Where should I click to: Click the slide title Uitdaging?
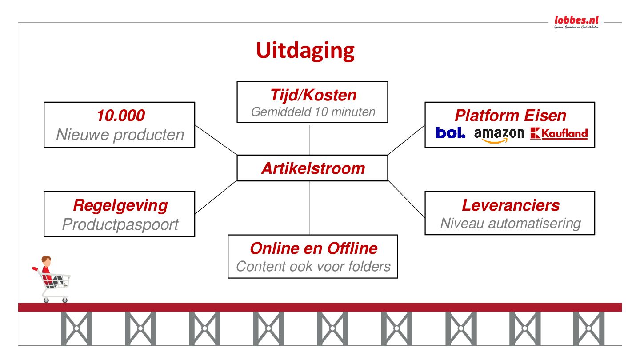coord(305,51)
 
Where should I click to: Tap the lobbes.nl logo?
coord(576,20)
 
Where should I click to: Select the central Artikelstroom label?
coord(313,168)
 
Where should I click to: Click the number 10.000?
coord(120,116)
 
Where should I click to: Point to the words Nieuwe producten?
coord(120,135)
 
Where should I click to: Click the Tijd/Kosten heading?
coord(313,95)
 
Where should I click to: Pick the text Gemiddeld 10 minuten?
coord(313,112)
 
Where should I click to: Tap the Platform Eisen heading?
coord(510,116)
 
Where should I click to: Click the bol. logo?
coord(450,133)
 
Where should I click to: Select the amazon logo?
coord(499,134)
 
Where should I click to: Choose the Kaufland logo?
coord(559,133)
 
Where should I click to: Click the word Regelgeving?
coord(120,205)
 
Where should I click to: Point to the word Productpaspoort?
coord(120,224)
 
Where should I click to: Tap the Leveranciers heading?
coord(510,205)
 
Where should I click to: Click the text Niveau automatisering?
coord(510,223)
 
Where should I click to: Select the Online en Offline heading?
coord(313,248)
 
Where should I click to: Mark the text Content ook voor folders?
coord(313,266)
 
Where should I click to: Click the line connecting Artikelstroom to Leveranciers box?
coord(406,199)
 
